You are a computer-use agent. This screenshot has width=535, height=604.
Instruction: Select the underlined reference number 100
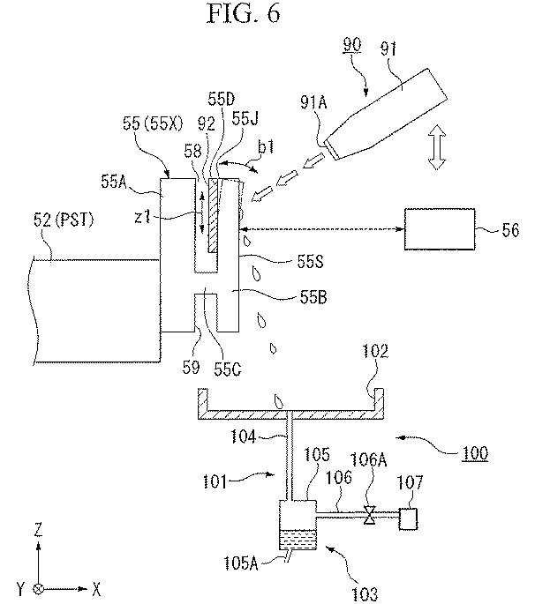[475, 453]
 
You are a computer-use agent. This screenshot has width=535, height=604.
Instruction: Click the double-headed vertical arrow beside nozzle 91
[434, 147]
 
